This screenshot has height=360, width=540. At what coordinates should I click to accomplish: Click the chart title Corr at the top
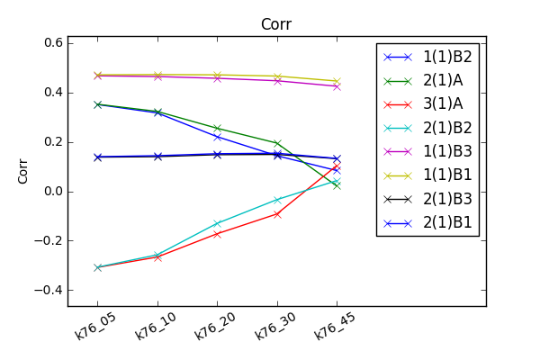point(276,24)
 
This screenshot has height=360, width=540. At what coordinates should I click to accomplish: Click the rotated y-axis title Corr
point(24,172)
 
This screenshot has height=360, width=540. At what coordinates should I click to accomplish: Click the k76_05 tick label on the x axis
point(95,323)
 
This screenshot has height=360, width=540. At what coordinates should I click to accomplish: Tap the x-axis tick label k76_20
point(214,323)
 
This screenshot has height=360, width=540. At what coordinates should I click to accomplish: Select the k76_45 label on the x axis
point(334,323)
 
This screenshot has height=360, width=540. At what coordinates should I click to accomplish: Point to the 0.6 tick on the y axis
point(52,43)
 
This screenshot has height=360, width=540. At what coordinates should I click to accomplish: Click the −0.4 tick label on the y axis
point(49,291)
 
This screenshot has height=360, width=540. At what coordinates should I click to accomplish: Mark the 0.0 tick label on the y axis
point(52,192)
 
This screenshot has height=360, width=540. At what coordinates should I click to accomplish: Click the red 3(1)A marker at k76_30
point(277,213)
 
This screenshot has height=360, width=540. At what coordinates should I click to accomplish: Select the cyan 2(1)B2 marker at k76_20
point(217,223)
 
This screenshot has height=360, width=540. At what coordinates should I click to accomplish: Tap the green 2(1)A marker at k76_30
point(277,143)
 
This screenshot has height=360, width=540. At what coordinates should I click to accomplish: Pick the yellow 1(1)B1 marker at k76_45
point(337,81)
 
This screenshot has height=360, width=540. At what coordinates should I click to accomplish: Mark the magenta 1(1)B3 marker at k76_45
point(337,86)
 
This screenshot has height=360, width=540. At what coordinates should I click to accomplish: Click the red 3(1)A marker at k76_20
point(217,234)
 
